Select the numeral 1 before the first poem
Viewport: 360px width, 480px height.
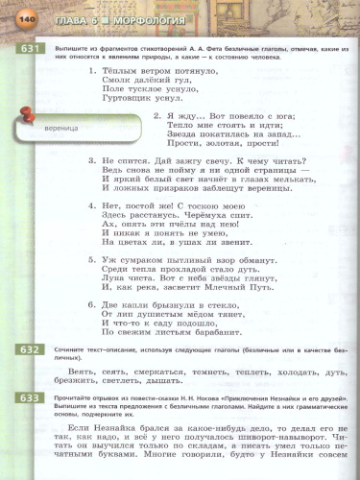tap(90, 70)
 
